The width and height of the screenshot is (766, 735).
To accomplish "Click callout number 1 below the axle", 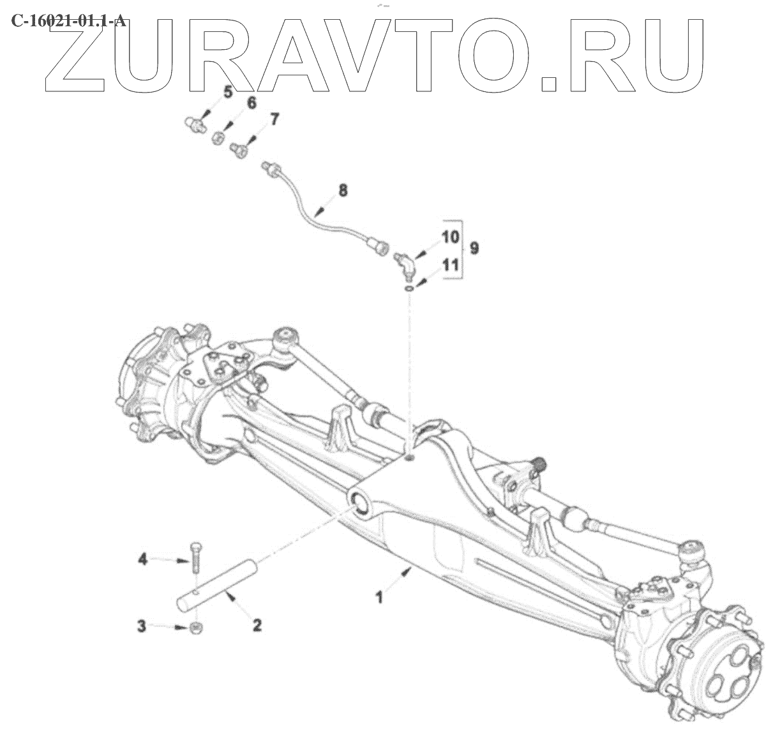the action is (379, 598).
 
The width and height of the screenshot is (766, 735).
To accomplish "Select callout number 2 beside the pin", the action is (257, 625).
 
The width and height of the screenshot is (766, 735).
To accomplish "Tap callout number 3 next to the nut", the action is (142, 626).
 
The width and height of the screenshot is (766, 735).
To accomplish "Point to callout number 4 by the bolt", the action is (143, 559).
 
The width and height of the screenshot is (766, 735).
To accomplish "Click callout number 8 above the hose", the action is (343, 190).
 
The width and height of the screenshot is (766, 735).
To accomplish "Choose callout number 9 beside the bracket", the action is (474, 248).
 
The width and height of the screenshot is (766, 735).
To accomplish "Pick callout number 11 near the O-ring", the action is (451, 265).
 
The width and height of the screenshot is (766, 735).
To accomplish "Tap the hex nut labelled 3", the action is (197, 627).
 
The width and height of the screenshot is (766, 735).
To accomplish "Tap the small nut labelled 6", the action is (218, 137).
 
